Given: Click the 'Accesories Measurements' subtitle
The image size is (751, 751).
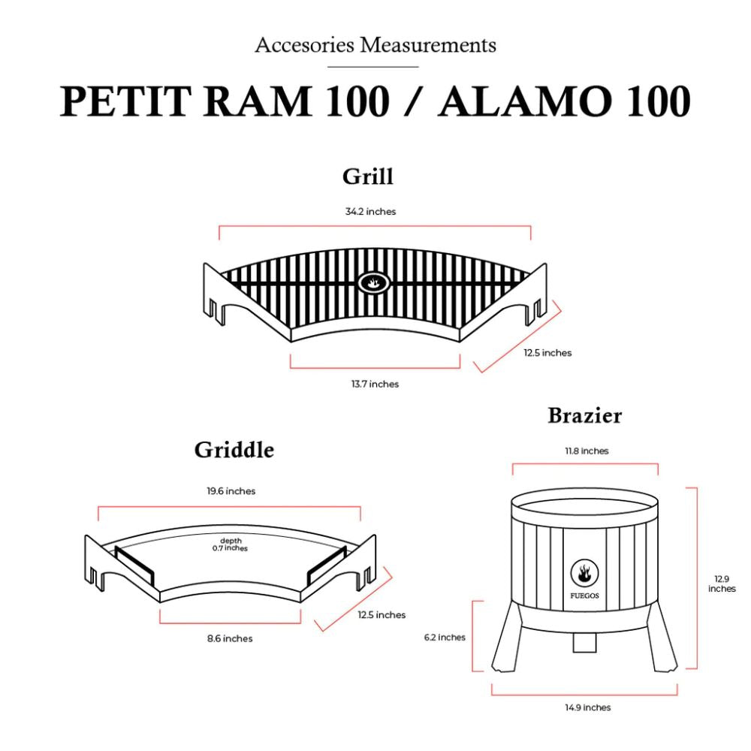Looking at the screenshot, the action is click(x=375, y=46).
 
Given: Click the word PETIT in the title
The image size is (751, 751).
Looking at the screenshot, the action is click(x=125, y=101).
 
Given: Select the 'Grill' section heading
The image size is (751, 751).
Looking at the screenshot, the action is click(x=368, y=176).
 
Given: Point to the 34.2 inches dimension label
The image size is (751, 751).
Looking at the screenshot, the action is click(x=371, y=211).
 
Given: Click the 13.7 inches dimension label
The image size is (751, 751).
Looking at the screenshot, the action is click(x=375, y=384).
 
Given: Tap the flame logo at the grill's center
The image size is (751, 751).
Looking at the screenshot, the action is click(x=373, y=282).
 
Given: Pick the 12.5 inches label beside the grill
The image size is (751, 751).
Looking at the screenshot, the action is click(x=547, y=352).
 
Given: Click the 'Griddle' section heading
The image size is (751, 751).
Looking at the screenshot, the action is click(x=234, y=450).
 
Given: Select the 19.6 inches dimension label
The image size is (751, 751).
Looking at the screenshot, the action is click(x=231, y=491).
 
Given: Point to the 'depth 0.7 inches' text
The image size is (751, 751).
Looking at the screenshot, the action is click(x=231, y=544).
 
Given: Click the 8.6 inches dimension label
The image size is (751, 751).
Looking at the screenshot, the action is click(x=230, y=638).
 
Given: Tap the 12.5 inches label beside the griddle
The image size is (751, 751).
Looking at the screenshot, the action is click(x=382, y=614).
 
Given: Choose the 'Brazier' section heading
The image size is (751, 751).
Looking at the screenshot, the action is click(x=585, y=415).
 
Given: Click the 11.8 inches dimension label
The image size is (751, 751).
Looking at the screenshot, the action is click(x=587, y=451).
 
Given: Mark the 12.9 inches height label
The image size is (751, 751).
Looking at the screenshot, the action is click(x=722, y=584).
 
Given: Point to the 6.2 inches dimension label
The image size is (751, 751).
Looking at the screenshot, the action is click(x=445, y=637).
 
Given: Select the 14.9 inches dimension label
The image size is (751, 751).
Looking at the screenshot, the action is click(x=588, y=707).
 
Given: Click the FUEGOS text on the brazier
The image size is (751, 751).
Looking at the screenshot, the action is click(x=584, y=596).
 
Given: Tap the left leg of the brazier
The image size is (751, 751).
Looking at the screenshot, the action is click(x=505, y=637).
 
